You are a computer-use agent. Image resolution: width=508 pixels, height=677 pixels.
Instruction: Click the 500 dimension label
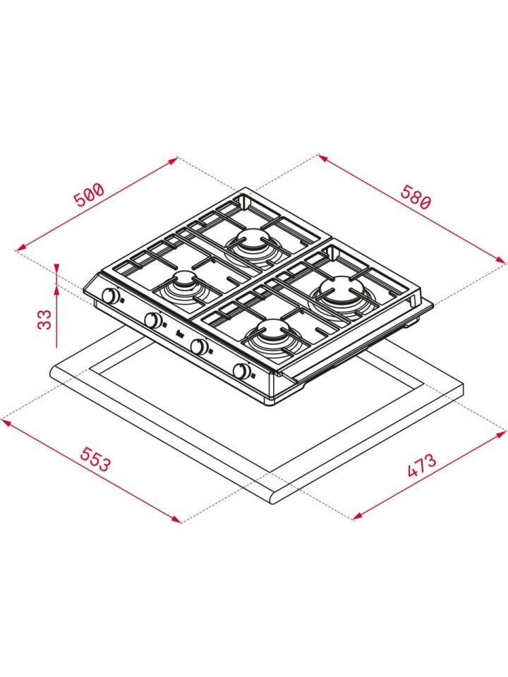tap(90, 195)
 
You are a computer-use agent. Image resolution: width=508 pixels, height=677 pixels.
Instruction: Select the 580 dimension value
tap(415, 197)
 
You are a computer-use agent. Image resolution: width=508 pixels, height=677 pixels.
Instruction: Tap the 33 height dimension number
tap(44, 319)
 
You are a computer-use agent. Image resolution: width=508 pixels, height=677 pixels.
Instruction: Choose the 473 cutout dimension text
tap(422, 465)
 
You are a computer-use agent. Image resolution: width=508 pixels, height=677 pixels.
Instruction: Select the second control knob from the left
tap(153, 320)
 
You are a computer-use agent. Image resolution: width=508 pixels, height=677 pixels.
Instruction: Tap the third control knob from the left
tap(198, 346)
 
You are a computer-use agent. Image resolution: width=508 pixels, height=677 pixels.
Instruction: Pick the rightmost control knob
tap(241, 370)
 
